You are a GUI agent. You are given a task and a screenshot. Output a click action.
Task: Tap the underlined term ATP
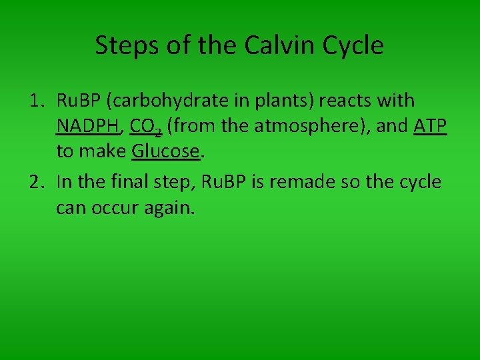tap(429, 126)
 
